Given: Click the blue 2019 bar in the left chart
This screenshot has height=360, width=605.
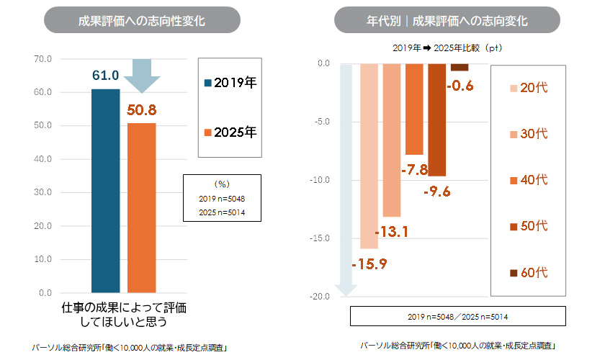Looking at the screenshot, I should (x=105, y=191).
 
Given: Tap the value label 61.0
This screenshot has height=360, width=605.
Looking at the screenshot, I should (x=105, y=76).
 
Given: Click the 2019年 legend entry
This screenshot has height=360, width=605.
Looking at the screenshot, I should (x=230, y=83).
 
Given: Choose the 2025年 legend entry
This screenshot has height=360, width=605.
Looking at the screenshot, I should (x=230, y=132).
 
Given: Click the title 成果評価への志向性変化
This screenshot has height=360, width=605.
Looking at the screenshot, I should (x=142, y=21).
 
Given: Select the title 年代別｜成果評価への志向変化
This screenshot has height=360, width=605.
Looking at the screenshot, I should (x=447, y=21).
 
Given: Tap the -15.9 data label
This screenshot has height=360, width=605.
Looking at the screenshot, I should (x=369, y=264).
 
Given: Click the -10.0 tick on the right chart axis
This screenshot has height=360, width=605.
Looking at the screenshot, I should (x=320, y=180).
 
